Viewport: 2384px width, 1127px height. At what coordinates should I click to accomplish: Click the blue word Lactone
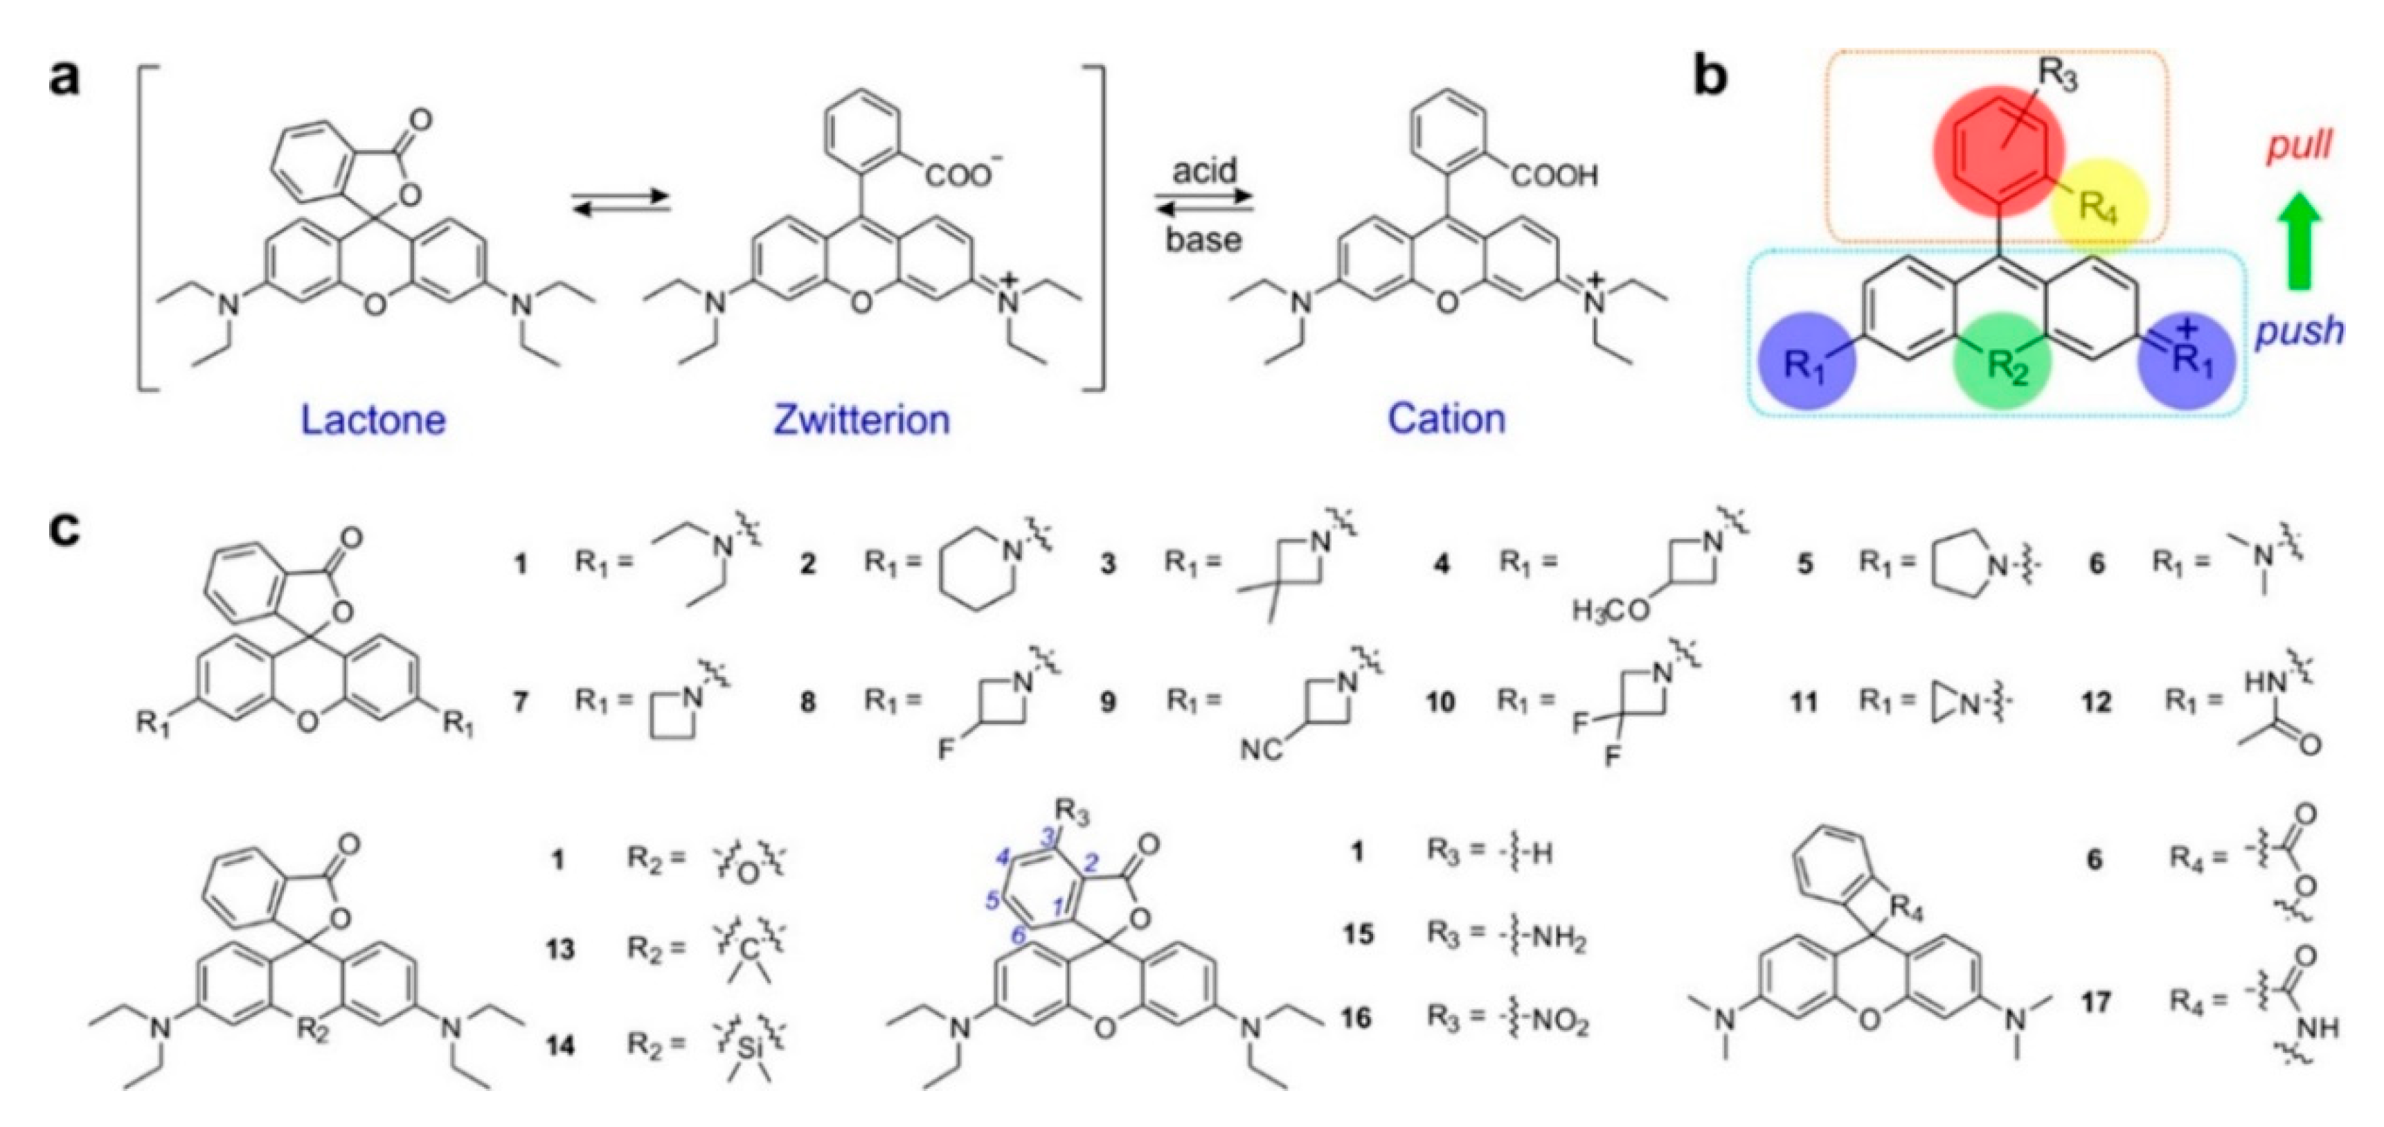373,420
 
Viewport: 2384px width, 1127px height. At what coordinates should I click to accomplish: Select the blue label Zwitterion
861,420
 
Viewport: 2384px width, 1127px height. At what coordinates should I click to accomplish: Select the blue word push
2299,330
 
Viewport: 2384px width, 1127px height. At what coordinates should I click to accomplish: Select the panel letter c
66,532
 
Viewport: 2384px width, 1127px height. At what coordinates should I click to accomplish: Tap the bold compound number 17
2096,1001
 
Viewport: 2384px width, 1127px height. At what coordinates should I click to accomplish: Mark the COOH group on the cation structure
1554,176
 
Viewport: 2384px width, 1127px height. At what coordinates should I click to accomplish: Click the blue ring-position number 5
993,899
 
